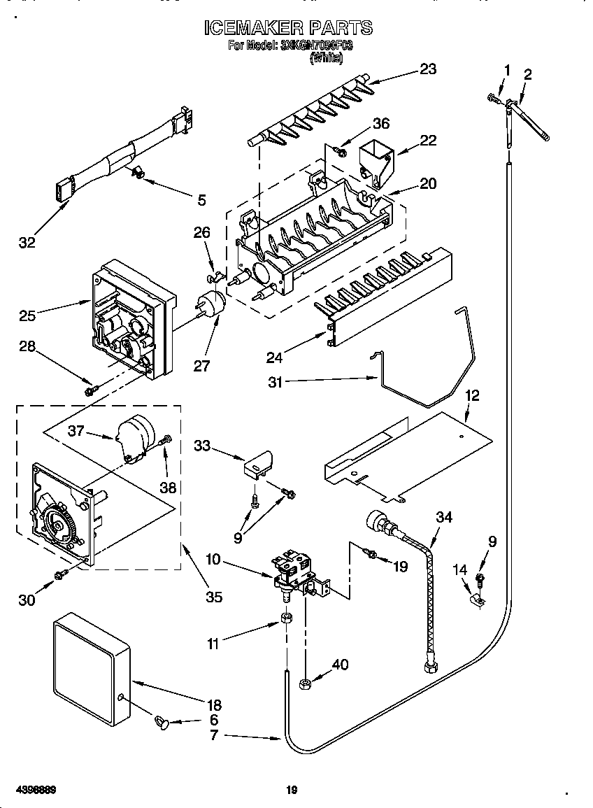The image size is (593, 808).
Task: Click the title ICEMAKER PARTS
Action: (x=288, y=28)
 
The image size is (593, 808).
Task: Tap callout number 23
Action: (x=427, y=69)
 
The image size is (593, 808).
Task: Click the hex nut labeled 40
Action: (x=306, y=683)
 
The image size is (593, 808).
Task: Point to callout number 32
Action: (x=27, y=243)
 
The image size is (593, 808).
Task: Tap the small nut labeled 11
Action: (x=285, y=618)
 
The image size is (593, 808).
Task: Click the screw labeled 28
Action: (x=90, y=390)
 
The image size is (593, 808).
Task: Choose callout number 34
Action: (x=443, y=517)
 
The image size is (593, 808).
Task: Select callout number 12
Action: (x=473, y=396)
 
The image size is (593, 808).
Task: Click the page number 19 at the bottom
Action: (x=292, y=791)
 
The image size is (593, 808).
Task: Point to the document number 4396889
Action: (x=35, y=791)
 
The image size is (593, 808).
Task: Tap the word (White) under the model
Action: (x=326, y=59)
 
